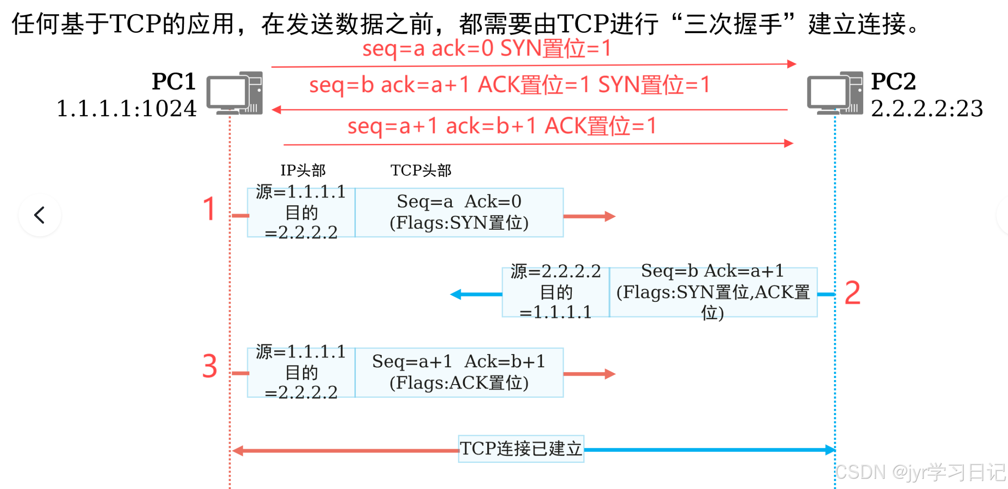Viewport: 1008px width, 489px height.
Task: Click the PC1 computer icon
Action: [x=235, y=93]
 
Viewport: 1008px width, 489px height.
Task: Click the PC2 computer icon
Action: [x=835, y=93]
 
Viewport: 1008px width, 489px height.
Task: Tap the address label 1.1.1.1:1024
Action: [x=127, y=108]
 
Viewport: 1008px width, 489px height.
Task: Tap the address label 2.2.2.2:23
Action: [x=927, y=108]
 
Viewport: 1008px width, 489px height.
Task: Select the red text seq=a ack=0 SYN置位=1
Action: [x=487, y=48]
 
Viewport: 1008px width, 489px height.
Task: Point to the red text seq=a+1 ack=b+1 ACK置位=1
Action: [x=502, y=126]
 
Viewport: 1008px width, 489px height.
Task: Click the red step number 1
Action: [x=209, y=209]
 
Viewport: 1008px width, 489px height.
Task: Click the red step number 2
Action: [x=852, y=293]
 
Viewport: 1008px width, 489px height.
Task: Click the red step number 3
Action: [x=209, y=366]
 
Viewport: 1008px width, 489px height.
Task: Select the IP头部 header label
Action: [x=303, y=170]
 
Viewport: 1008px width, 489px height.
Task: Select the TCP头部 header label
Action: [x=421, y=170]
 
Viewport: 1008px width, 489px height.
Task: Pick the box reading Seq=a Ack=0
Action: [x=459, y=212]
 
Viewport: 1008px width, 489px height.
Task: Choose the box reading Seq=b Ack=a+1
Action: [x=713, y=292]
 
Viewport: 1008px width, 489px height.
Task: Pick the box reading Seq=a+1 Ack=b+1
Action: [x=459, y=373]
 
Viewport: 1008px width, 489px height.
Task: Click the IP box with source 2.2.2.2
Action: [x=556, y=292]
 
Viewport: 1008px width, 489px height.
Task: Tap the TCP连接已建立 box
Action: [x=521, y=449]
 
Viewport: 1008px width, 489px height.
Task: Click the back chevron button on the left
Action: [x=40, y=215]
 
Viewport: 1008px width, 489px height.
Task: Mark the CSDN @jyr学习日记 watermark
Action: [x=920, y=472]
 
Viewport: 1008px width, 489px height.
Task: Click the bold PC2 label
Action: [x=893, y=81]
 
